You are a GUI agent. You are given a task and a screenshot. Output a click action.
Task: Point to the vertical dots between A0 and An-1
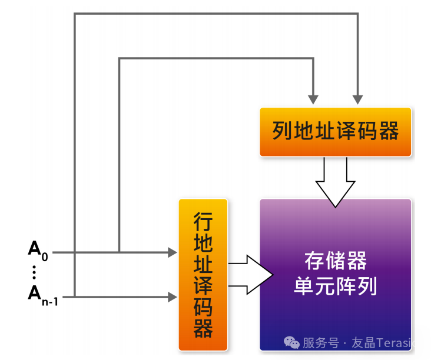(x=34, y=272)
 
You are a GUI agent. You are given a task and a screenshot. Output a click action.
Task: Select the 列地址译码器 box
(x=335, y=132)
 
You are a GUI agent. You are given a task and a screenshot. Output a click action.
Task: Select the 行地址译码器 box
(x=203, y=275)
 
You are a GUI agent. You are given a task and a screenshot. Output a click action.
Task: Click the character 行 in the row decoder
(x=203, y=222)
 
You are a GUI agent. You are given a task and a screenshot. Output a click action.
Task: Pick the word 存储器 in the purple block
(x=335, y=260)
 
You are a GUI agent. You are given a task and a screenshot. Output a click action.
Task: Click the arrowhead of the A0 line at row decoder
(x=173, y=252)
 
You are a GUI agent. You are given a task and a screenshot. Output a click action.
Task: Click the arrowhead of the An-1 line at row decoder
(x=173, y=297)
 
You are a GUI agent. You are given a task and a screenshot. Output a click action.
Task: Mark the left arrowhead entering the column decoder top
(x=313, y=97)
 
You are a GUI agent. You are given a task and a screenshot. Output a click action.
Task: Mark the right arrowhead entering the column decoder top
(x=357, y=97)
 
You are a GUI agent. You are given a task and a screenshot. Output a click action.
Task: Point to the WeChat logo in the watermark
(x=291, y=342)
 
